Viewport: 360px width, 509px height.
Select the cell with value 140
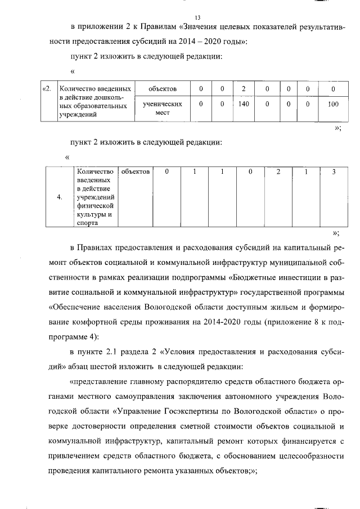click(243, 104)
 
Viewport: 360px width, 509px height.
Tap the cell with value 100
click(333, 104)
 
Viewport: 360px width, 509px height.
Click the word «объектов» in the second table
click(136, 171)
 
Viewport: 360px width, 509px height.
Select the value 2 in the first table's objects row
click(243, 89)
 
